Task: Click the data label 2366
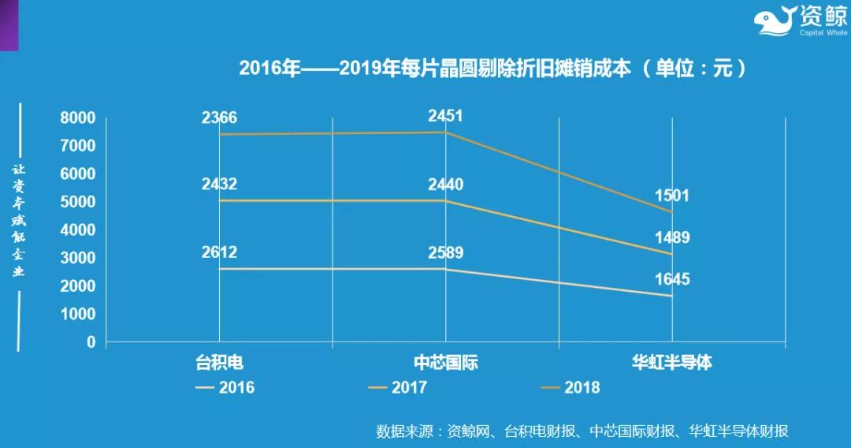tap(219, 118)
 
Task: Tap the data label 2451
tap(445, 116)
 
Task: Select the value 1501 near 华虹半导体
tap(671, 196)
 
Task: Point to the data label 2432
tap(219, 185)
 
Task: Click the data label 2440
tap(445, 185)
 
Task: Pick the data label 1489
tap(671, 237)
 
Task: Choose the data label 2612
tap(219, 252)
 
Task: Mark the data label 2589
tap(445, 253)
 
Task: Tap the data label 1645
tap(671, 278)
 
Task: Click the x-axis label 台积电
tap(219, 363)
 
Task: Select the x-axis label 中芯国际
tap(445, 363)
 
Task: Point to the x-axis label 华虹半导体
tap(671, 363)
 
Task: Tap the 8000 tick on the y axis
tap(78, 118)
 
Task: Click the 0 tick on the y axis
tap(91, 342)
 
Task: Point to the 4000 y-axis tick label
tap(78, 230)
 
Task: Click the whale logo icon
tap(774, 21)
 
